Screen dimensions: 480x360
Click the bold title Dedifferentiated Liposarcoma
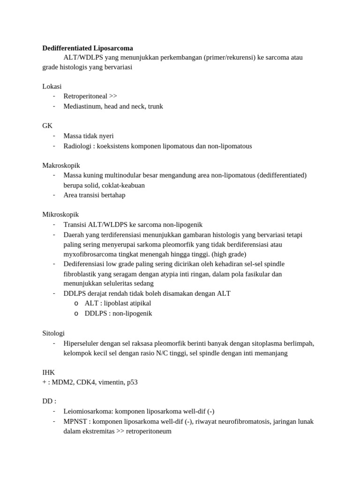click(88, 48)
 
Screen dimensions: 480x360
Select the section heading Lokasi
click(52, 87)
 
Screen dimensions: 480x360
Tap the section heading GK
click(47, 126)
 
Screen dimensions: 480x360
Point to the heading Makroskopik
click(61, 165)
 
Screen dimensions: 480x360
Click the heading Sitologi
click(53, 333)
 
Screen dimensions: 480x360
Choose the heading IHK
click(49, 372)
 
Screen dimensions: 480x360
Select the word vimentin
click(112, 382)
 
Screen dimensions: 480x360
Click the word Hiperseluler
click(83, 343)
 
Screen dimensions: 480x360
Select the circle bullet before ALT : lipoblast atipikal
click(76, 304)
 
